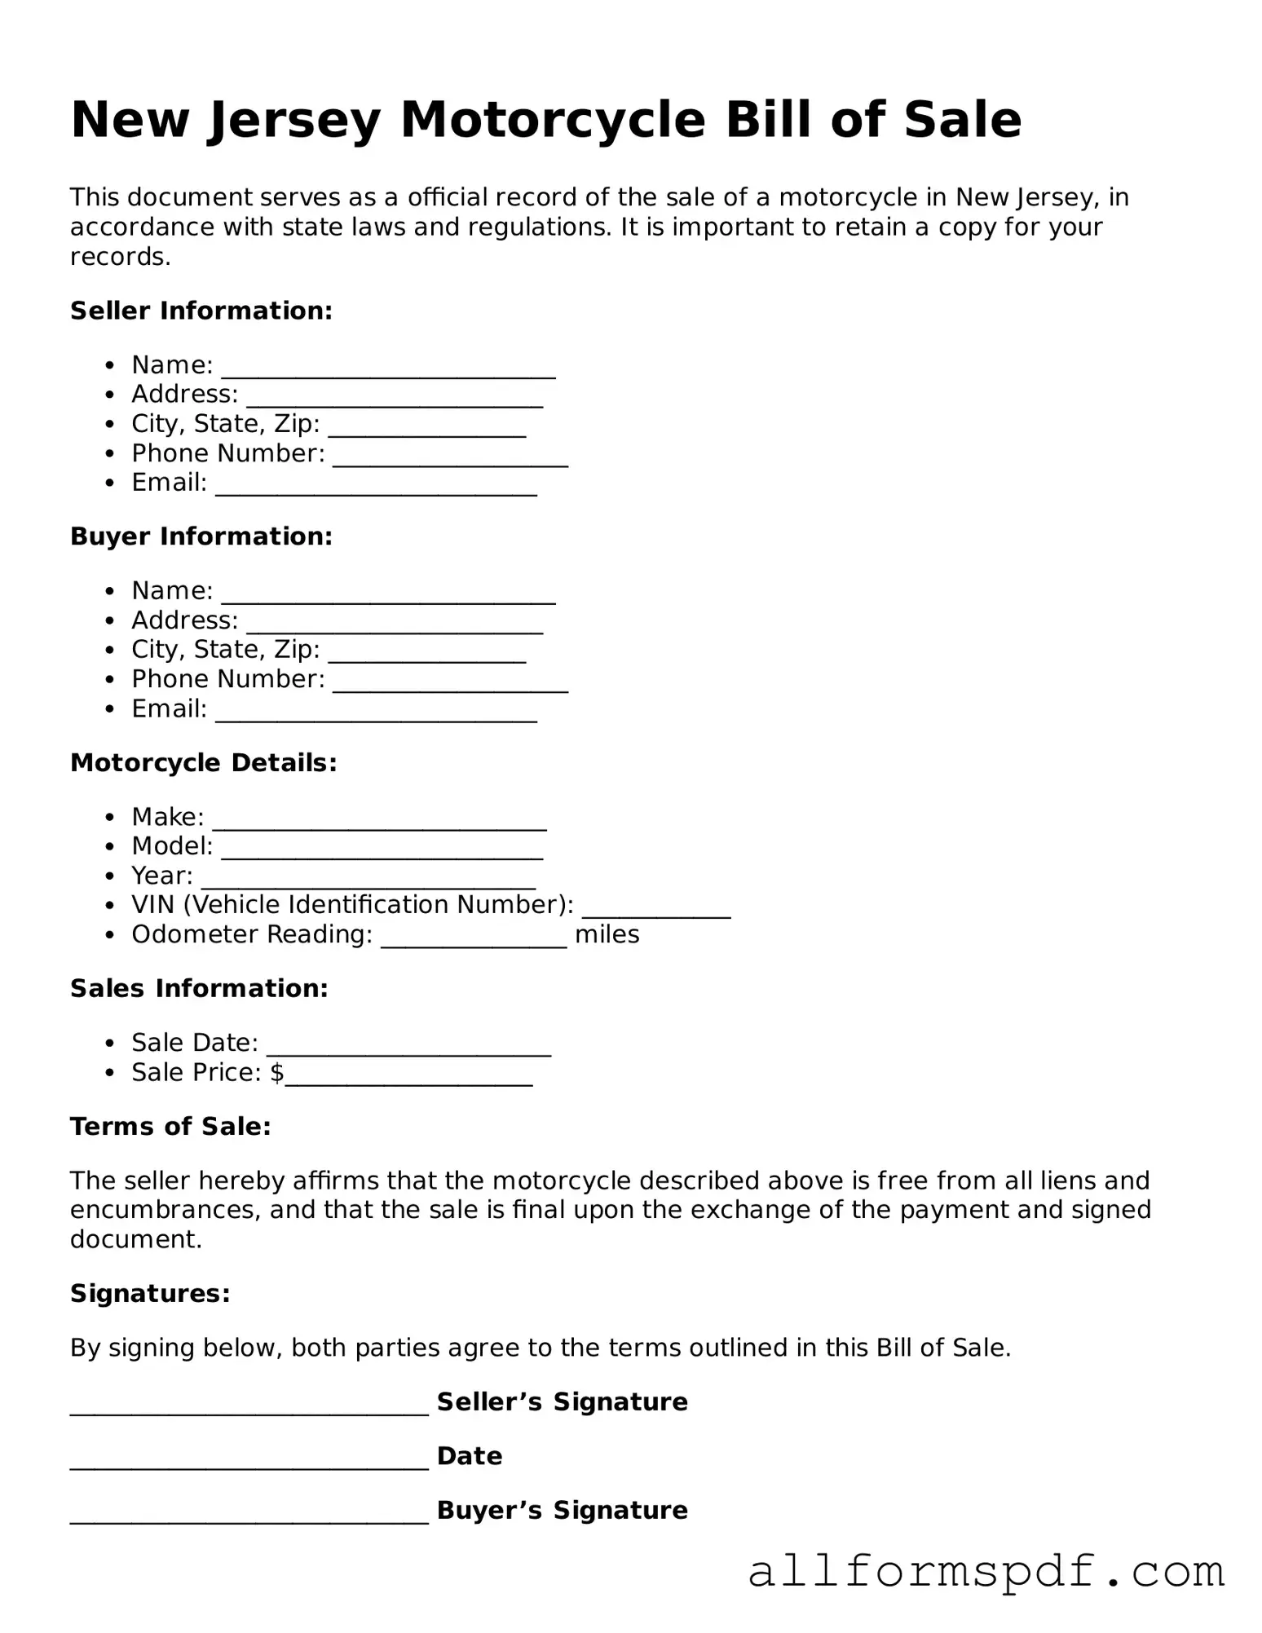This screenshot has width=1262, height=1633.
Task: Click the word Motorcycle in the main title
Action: coord(552,121)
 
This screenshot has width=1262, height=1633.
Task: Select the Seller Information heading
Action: coord(201,311)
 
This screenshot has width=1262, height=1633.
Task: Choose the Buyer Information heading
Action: coord(201,536)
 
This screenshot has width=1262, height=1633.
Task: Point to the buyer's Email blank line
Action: coord(376,714)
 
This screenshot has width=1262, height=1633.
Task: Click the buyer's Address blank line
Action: coord(395,626)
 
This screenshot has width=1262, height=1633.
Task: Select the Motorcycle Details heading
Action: coord(203,763)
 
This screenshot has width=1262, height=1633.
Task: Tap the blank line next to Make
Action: coord(379,823)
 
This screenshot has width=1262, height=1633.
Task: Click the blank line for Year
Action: coord(368,881)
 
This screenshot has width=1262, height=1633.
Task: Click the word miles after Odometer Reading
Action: coord(607,934)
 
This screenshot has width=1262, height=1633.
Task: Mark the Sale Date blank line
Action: coord(408,1049)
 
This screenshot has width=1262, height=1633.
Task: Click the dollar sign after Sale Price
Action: coord(277,1073)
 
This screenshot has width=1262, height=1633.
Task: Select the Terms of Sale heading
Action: coord(170,1127)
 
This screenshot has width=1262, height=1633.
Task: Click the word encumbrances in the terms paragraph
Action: coord(165,1210)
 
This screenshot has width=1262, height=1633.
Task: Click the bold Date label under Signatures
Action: coord(470,1456)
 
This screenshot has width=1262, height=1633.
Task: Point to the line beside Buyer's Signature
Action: coord(249,1517)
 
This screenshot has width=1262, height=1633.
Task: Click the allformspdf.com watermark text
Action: coord(986,1572)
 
